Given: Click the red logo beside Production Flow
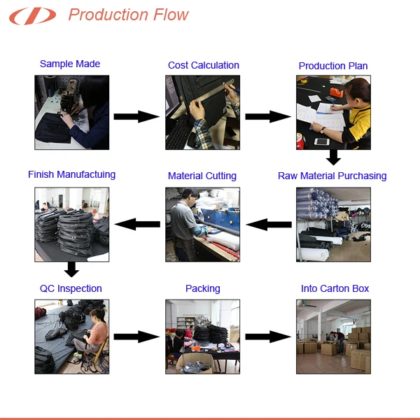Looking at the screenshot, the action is [x=32, y=16].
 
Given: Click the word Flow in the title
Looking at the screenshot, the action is [x=171, y=15].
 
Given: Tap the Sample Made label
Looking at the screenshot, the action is [x=70, y=64].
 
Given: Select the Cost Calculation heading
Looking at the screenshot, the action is [x=203, y=65].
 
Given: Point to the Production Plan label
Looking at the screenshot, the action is [x=333, y=66].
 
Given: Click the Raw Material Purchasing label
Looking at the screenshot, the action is [x=332, y=176].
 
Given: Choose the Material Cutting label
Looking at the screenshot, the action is [x=202, y=176].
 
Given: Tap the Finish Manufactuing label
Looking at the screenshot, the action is [x=72, y=174].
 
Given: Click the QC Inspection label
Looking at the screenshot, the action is [x=71, y=288].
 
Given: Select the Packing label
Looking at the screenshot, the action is [x=203, y=288].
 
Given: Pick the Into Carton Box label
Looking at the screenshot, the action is [x=335, y=288].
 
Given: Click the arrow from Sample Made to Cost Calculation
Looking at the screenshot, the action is [x=136, y=116].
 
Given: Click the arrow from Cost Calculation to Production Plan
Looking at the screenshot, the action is [x=268, y=116].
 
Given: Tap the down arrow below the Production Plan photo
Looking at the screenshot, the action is [x=333, y=157].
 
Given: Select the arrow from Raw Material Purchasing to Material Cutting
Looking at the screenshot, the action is [x=269, y=225].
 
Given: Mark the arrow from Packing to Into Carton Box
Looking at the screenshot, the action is [x=268, y=337].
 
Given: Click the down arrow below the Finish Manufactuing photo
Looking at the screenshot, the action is [x=71, y=269].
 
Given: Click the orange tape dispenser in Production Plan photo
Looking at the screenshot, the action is [x=337, y=92].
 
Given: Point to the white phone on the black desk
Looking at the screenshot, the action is [x=322, y=141].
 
